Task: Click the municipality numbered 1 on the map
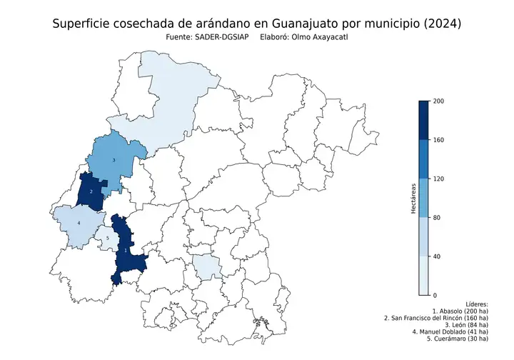click(x=126, y=251)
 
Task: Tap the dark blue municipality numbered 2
click(x=91, y=191)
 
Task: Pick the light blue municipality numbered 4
click(x=78, y=224)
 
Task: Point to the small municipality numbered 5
click(x=107, y=239)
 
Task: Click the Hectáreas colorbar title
click(x=413, y=198)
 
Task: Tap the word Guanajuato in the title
click(x=303, y=24)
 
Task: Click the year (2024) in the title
click(x=441, y=24)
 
